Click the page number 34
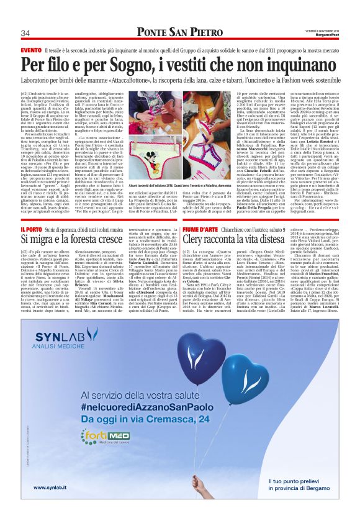26,33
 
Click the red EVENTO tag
31,49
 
